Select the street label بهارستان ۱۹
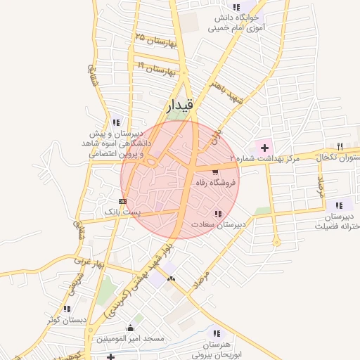click(156, 68)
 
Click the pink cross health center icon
click(264, 148)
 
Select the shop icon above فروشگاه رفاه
click(215, 171)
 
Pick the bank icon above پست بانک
click(123, 201)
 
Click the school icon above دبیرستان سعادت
click(218, 214)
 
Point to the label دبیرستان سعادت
click(218, 224)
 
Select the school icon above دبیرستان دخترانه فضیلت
click(339, 205)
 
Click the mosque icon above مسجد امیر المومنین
click(129, 328)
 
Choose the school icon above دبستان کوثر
click(67, 309)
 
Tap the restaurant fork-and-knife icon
click(340, 146)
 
